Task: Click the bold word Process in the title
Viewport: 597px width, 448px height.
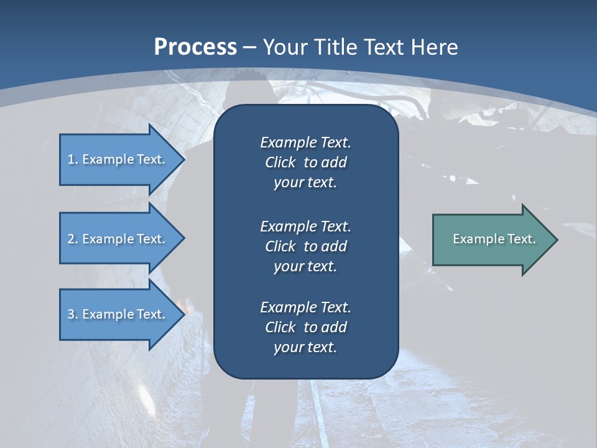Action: pos(195,47)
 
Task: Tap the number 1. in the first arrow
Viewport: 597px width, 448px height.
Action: pos(73,159)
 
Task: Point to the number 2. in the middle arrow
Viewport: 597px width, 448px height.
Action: pos(73,239)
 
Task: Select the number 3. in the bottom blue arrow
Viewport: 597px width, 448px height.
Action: pos(73,314)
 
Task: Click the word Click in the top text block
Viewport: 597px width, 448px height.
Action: pos(280,162)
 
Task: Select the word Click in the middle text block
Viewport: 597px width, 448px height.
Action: pos(280,246)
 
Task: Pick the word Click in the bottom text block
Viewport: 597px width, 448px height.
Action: pos(280,327)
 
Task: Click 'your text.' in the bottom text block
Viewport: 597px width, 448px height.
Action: pos(305,348)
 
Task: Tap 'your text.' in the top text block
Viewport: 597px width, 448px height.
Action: pos(305,183)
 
